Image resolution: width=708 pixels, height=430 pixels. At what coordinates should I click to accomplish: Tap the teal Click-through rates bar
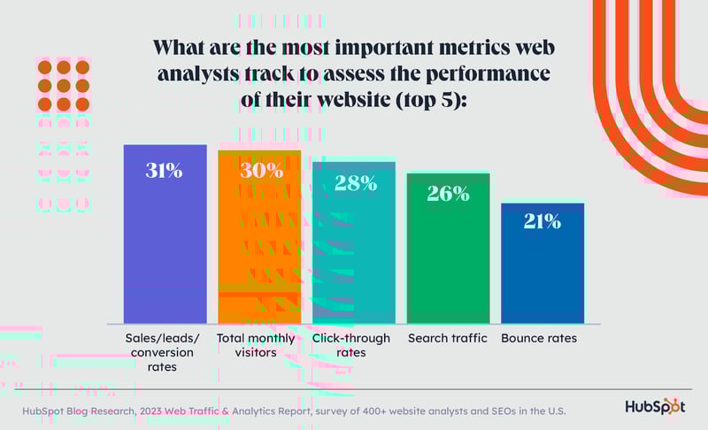(x=353, y=257)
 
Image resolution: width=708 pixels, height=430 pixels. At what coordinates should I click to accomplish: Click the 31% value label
(x=165, y=171)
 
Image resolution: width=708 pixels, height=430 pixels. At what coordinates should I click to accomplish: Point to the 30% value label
(x=260, y=171)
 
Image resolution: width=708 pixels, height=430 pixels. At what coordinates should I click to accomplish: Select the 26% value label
(x=448, y=193)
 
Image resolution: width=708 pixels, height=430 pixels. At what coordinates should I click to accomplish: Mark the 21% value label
(x=542, y=221)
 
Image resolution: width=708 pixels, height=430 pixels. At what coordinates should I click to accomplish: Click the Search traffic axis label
(x=448, y=339)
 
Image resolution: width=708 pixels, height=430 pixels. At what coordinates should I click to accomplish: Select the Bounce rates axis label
(x=539, y=339)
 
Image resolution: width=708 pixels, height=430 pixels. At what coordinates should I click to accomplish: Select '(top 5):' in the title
(x=435, y=99)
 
